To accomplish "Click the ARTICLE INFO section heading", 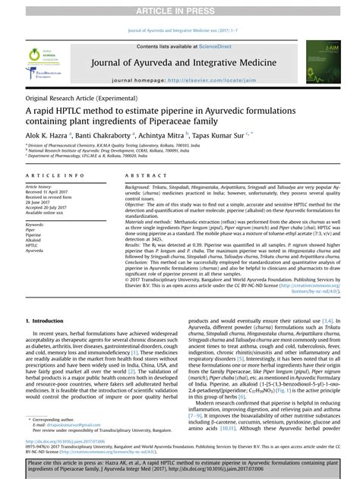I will pos(49,175).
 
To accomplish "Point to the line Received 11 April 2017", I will pos(51,192).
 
